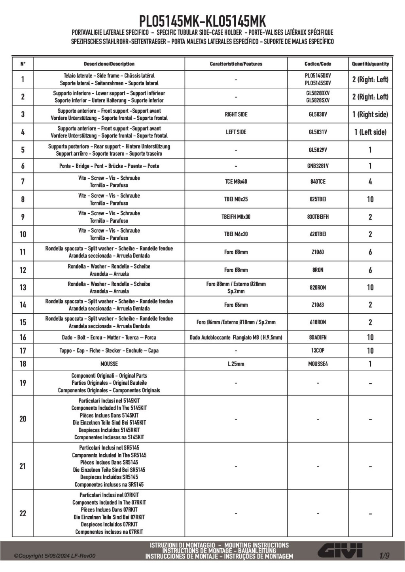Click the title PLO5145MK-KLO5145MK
coord(202,21)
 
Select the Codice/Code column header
coord(318,64)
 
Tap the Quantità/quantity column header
coord(370,64)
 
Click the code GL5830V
coord(318,115)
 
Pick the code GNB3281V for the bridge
coord(318,166)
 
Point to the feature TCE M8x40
coord(236,182)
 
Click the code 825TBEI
coord(318,199)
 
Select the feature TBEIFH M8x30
coord(236,217)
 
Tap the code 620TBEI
coord(318,234)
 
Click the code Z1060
coord(318,252)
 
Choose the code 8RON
coord(318,270)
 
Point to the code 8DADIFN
coord(318,337)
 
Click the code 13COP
coord(318,350)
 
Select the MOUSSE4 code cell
coord(318,364)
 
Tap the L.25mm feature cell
coord(236,364)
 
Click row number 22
coord(23,514)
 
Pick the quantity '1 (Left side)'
coord(370,132)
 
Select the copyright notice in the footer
coord(55,556)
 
